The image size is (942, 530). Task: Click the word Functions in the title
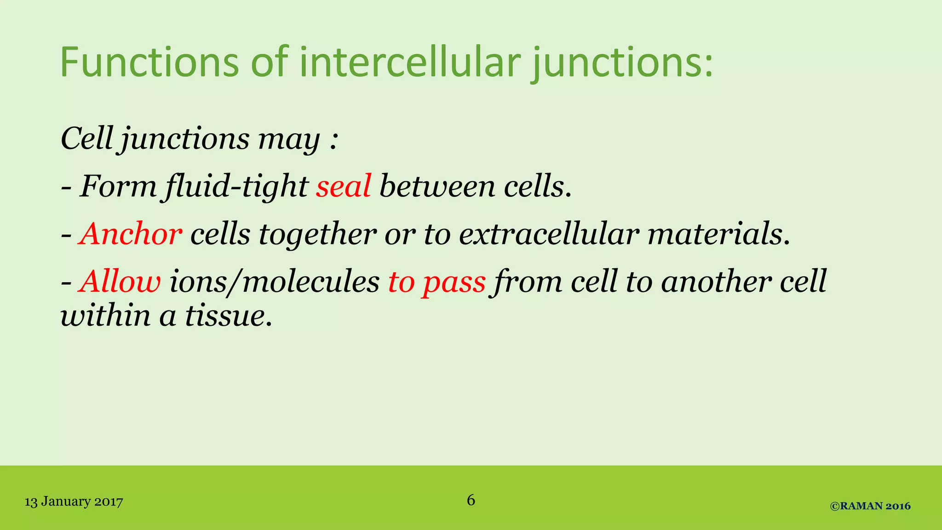click(149, 62)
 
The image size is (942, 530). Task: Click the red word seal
click(343, 187)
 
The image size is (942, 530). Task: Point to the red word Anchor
click(130, 234)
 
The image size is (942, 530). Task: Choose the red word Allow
click(120, 282)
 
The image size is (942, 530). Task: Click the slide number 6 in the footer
click(471, 500)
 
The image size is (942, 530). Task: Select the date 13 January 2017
click(74, 501)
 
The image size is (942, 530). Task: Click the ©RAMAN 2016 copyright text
click(870, 506)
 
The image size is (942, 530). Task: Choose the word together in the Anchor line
click(317, 234)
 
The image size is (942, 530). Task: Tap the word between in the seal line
click(437, 187)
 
